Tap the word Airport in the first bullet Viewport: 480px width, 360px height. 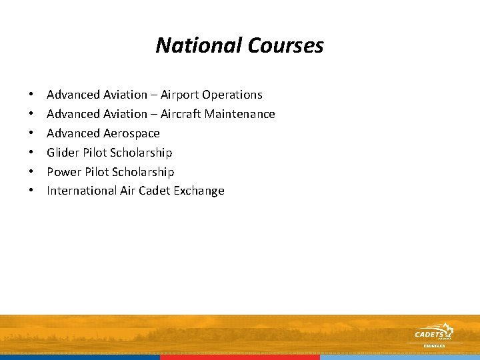point(179,95)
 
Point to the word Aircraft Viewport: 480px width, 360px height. point(181,114)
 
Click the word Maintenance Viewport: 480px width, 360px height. point(240,114)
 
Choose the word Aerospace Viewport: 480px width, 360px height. point(132,133)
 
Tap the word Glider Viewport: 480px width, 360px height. point(63,153)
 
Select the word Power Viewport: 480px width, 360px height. point(63,172)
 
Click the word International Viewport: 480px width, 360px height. point(81,191)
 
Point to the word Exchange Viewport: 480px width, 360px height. point(200,191)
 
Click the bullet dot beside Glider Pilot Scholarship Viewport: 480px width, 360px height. point(31,153)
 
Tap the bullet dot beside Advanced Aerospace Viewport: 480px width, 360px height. point(31,133)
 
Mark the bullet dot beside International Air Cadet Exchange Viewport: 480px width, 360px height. point(31,191)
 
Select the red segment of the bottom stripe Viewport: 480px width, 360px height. point(240,357)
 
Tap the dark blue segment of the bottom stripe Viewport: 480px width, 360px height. point(80,357)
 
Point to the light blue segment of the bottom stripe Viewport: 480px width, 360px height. point(400,357)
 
